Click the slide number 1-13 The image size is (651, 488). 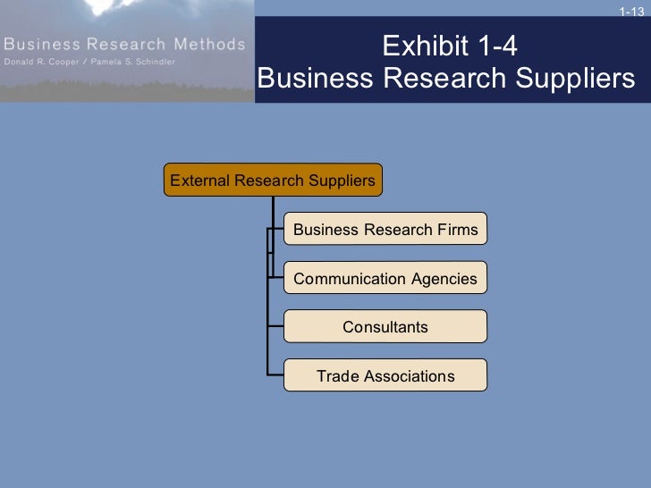click(x=630, y=11)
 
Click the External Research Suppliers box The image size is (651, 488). click(x=273, y=181)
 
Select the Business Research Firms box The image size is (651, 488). click(x=385, y=230)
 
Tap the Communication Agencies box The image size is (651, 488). click(x=385, y=279)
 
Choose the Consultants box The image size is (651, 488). click(x=385, y=327)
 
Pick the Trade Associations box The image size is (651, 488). click(x=385, y=376)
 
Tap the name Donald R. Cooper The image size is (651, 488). click(x=40, y=62)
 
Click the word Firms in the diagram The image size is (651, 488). click(x=458, y=230)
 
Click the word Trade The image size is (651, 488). click(x=336, y=376)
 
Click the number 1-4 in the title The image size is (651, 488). click(x=495, y=46)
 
